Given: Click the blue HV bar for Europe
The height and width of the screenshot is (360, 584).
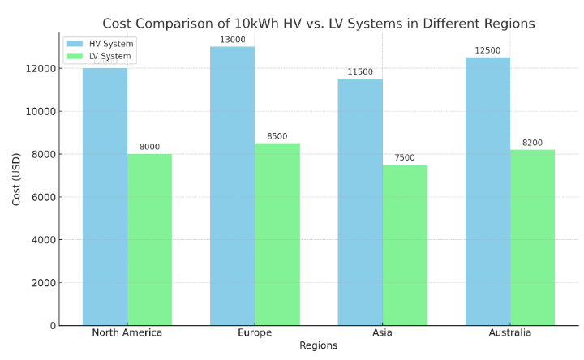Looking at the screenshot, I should (232, 186).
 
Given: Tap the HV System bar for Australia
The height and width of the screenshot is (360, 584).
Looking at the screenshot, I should (487, 191).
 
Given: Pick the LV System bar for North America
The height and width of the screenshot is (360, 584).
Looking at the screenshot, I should (149, 240).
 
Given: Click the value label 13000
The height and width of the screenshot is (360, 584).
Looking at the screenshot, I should (232, 40).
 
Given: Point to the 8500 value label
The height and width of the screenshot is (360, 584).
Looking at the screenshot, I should (277, 136).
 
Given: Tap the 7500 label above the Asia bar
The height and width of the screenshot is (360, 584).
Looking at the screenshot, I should (405, 157).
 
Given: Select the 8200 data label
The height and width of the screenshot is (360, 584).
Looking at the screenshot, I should (532, 143).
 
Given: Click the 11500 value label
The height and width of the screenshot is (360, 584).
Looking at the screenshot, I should (360, 72).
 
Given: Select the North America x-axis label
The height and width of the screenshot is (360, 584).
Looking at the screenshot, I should (127, 332).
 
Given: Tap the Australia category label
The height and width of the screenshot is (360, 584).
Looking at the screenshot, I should (510, 332).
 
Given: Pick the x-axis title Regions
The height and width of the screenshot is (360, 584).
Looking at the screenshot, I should (318, 346).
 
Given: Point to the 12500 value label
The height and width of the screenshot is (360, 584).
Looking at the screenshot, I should (487, 50).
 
